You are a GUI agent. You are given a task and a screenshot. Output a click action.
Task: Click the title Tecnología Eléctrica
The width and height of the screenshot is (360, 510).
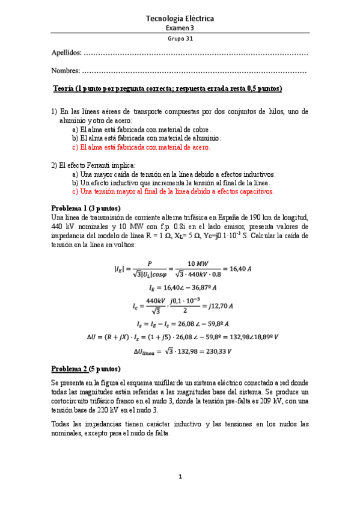[180, 19]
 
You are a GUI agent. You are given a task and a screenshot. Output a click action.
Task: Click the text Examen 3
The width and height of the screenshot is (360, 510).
[180, 28]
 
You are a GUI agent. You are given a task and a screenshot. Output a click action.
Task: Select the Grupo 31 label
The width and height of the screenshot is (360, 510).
[180, 38]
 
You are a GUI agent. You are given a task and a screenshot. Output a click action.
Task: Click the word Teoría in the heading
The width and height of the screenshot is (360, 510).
[64, 89]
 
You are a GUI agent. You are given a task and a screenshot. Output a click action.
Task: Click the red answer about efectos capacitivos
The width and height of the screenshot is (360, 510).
[173, 191]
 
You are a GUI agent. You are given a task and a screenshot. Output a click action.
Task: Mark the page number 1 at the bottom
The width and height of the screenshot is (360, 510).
[180, 477]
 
